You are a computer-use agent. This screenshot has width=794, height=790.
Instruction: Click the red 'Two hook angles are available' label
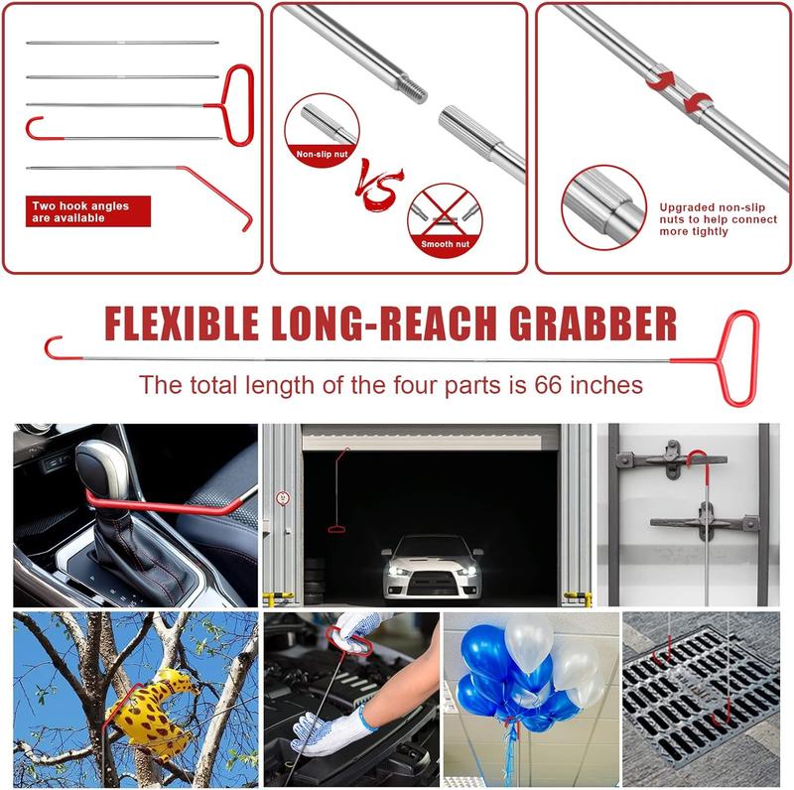pos(90,211)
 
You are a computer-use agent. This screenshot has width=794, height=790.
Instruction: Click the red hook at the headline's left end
pos(54,347)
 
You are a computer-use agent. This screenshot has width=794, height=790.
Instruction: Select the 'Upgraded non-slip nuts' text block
pos(718,219)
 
